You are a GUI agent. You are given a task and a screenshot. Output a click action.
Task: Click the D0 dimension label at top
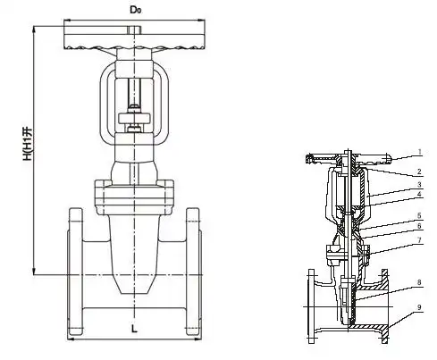(136, 10)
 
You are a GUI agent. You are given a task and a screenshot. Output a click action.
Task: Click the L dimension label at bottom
(134, 329)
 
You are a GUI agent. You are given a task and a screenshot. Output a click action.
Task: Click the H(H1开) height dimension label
(27, 145)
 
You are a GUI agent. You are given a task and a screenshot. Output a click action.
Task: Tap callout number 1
(419, 152)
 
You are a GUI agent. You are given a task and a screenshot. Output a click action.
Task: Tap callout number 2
(419, 172)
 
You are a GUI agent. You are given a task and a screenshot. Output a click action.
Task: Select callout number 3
(419, 185)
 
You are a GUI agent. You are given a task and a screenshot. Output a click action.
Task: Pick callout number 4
(419, 195)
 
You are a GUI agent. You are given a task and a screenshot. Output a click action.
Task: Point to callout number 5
(419, 215)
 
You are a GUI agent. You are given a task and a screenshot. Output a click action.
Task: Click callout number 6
(419, 226)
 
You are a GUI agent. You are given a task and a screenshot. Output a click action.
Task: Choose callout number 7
(419, 239)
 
